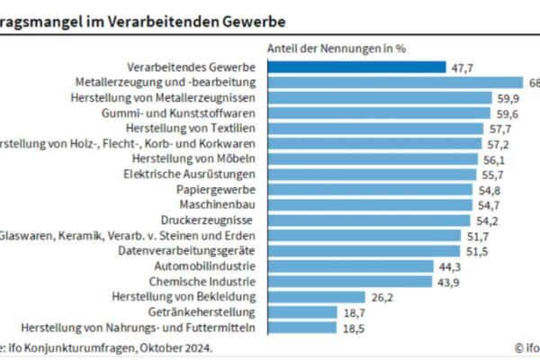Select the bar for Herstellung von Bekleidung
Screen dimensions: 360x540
315,296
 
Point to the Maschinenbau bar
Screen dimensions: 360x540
370,204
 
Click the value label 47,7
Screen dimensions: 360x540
463,67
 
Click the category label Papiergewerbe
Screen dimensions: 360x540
217,189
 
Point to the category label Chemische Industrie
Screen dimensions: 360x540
205,281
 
